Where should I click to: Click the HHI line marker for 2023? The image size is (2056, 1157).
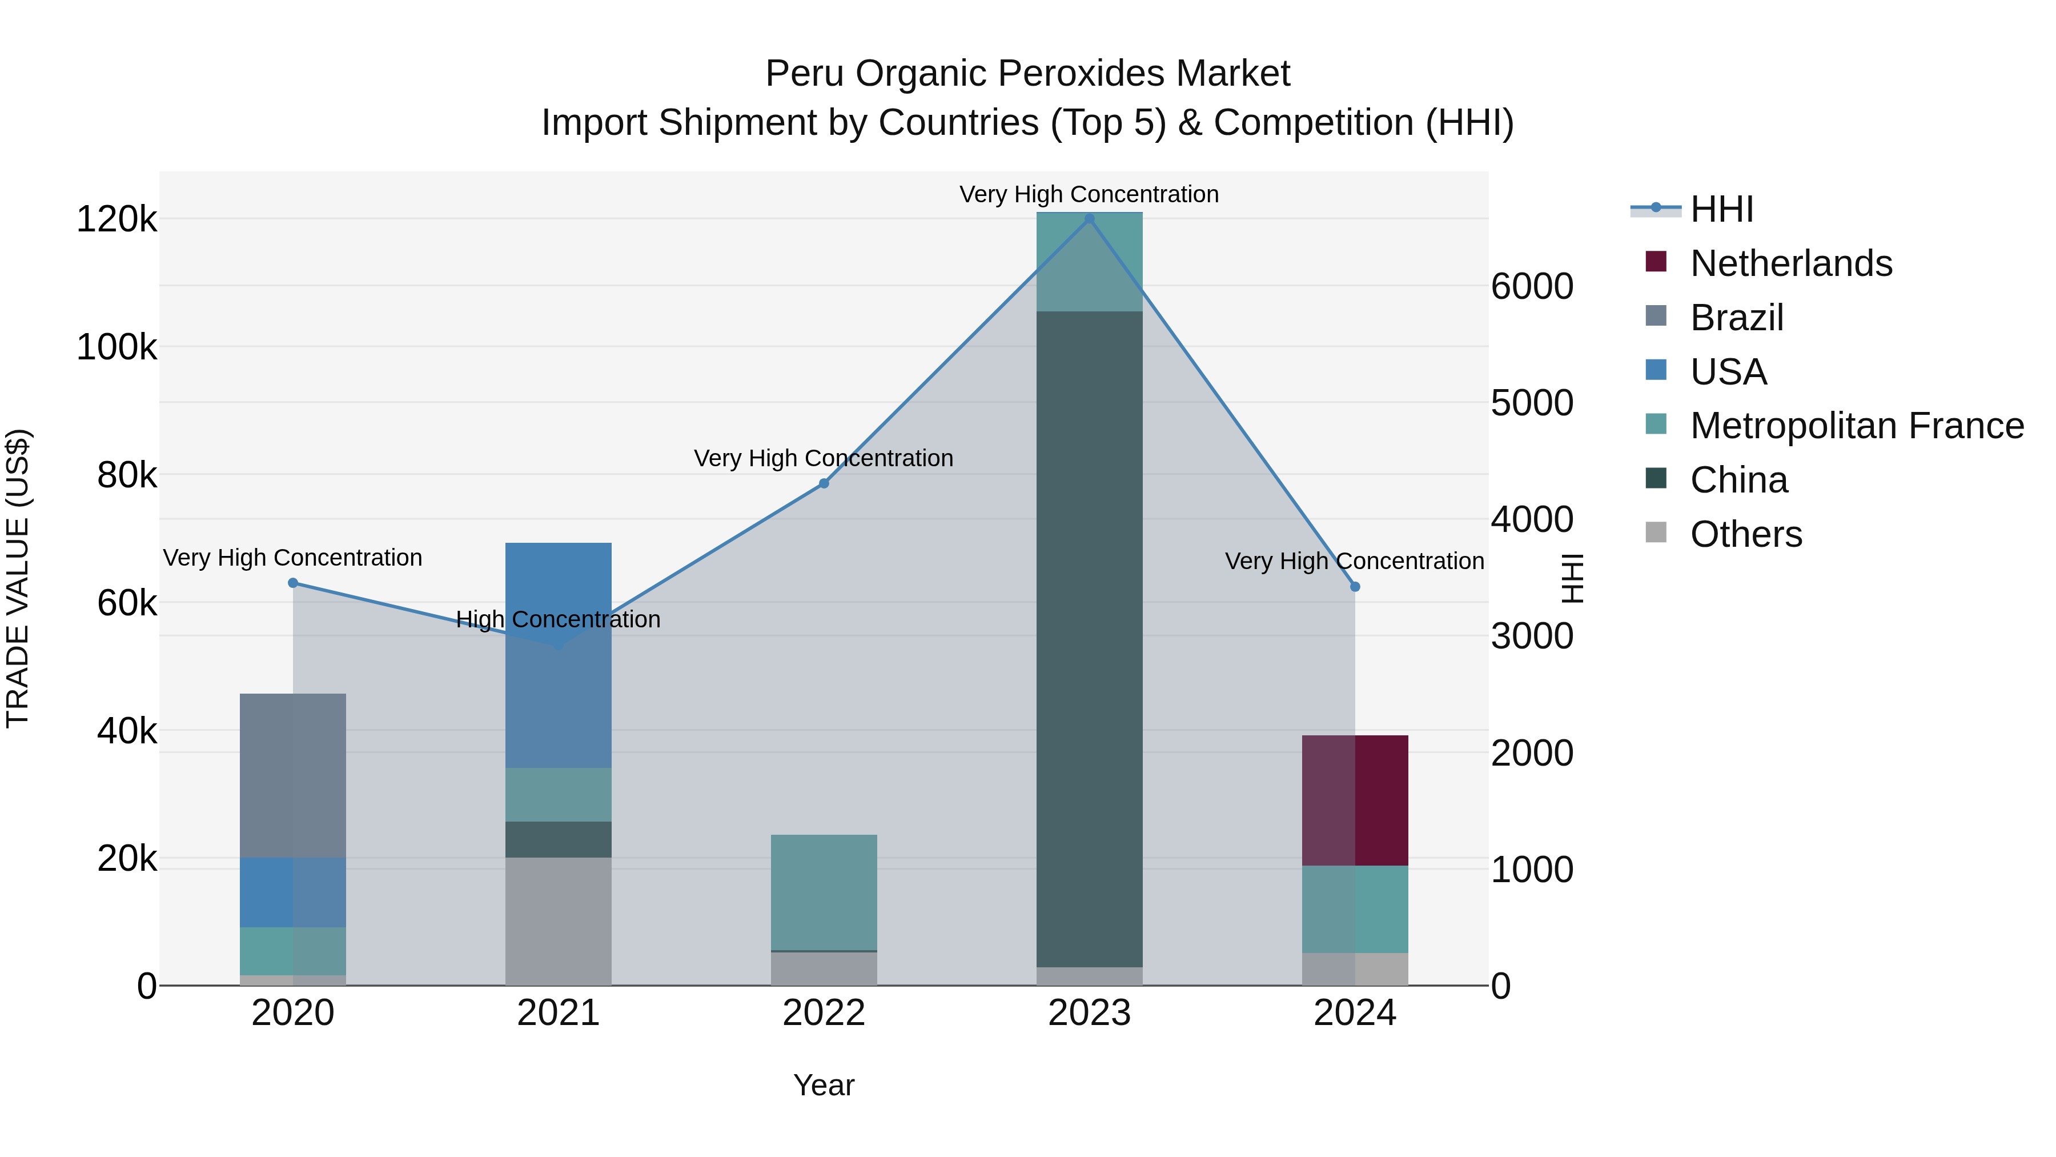pos(1090,219)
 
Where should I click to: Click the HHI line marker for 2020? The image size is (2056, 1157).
pos(293,583)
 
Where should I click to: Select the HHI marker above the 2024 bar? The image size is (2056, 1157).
pos(1355,587)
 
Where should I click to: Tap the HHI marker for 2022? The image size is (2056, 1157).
pos(824,483)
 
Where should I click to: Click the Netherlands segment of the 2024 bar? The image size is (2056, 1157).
pos(1355,800)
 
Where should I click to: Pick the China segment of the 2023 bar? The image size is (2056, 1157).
pos(1090,639)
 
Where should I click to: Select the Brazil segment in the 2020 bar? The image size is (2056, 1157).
pos(293,775)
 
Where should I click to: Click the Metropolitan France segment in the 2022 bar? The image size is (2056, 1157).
pos(824,892)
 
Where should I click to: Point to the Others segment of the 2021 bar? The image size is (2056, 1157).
pos(558,922)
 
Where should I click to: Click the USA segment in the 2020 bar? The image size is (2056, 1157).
pos(293,892)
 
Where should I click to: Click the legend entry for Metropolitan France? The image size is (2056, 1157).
pos(1857,426)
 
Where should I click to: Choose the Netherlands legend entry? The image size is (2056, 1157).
pos(1790,263)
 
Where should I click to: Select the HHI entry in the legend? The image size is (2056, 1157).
pos(1721,209)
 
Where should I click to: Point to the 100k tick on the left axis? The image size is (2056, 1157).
pos(117,347)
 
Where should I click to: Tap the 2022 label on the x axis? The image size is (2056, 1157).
pos(824,1013)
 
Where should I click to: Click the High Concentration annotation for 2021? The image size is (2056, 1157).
pos(558,619)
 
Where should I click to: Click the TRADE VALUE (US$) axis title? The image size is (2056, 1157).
pos(18,578)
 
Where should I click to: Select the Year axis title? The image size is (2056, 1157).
pos(824,1085)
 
